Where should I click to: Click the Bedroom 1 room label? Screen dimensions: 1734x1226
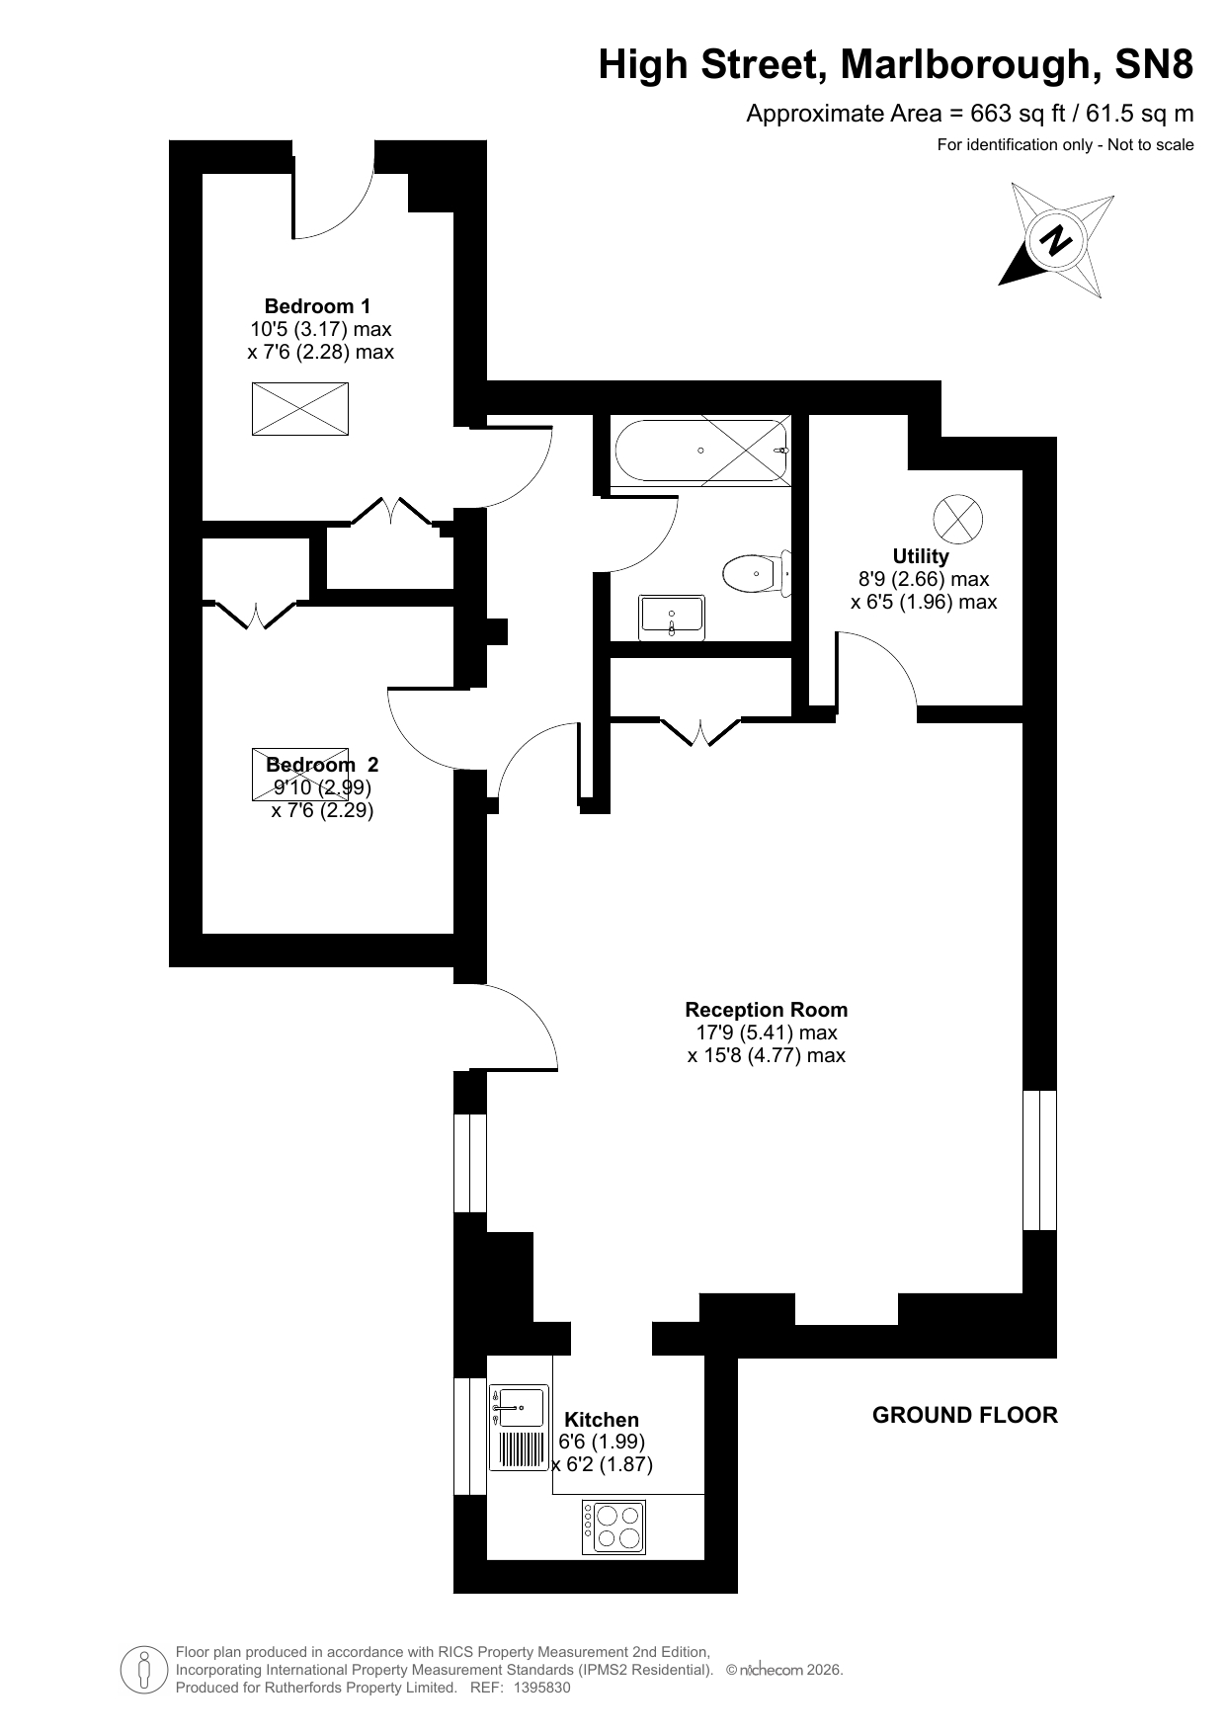click(x=317, y=306)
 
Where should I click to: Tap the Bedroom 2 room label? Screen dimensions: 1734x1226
click(x=322, y=765)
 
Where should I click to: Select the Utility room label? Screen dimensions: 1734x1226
click(x=921, y=556)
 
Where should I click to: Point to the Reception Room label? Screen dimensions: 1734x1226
click(x=766, y=1010)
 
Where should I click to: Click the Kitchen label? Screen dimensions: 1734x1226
click(x=602, y=1420)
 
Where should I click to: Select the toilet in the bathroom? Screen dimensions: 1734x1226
click(x=757, y=573)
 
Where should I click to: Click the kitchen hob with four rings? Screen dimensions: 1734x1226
click(x=613, y=1528)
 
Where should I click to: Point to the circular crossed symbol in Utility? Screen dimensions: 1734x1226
click(x=958, y=518)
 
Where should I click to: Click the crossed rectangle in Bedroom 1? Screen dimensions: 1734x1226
click(x=300, y=409)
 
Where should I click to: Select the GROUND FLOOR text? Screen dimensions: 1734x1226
click(x=964, y=1415)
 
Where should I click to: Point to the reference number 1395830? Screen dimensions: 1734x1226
click(x=541, y=1688)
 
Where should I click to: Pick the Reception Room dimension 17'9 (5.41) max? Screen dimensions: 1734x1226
click(x=766, y=1032)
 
